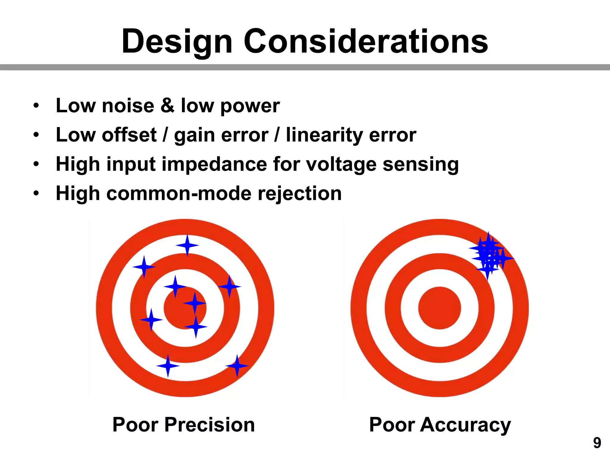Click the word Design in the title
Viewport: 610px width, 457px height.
177,42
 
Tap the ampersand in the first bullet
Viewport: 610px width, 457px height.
167,105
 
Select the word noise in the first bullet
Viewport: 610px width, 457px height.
128,105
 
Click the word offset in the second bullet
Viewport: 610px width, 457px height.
129,135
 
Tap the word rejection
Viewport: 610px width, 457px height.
300,194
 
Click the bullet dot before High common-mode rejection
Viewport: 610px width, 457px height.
36,194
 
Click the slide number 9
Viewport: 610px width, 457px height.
597,443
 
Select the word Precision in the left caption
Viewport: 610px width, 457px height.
209,425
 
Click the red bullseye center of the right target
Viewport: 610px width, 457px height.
439,308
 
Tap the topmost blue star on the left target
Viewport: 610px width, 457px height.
187,245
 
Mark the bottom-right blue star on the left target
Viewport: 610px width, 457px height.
237,366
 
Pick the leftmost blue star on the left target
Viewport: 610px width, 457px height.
144,267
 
